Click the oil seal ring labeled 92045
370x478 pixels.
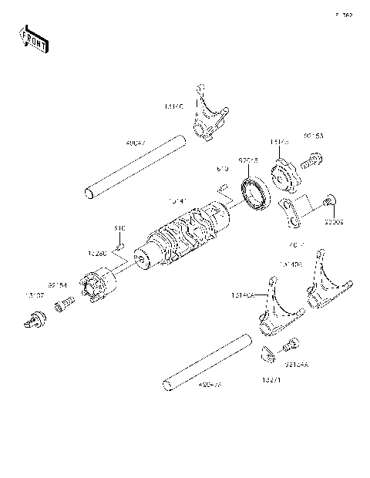[254, 192]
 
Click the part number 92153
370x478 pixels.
[314, 136]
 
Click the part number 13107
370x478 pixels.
[35, 295]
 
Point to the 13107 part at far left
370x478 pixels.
[34, 318]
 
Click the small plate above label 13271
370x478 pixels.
[267, 355]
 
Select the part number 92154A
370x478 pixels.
[296, 366]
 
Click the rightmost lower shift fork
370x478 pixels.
[321, 296]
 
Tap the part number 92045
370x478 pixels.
[248, 160]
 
